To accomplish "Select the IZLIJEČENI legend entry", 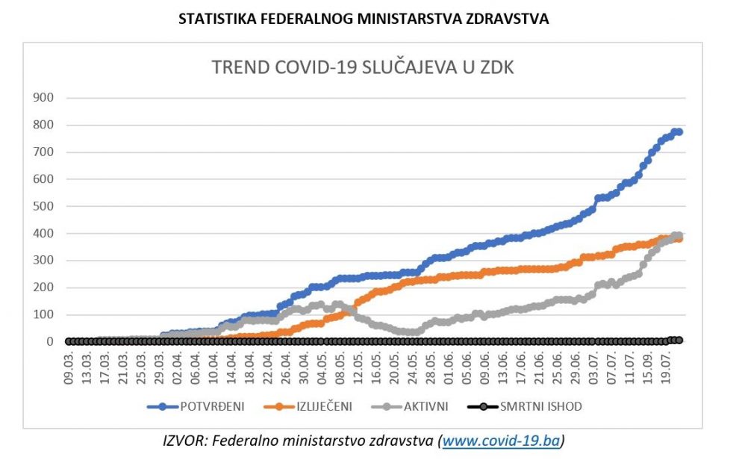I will click(x=318, y=407).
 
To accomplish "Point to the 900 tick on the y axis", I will click(x=43, y=98).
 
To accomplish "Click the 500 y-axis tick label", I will click(x=43, y=206).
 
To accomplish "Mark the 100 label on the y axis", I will click(x=43, y=314).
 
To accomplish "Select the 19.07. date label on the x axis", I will click(x=666, y=367).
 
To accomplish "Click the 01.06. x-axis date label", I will click(x=449, y=367).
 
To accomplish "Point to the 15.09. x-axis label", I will click(x=648, y=367).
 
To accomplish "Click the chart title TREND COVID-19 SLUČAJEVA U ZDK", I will click(x=363, y=67).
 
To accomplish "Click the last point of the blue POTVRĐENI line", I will click(x=679, y=132).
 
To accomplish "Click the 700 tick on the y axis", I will click(x=43, y=152).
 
